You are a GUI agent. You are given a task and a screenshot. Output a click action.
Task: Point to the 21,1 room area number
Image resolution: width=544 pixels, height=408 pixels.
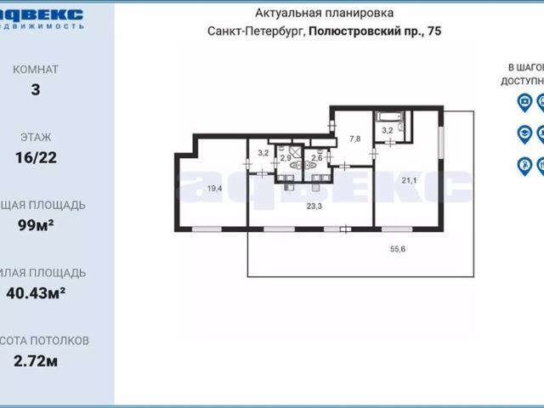[x=409, y=180]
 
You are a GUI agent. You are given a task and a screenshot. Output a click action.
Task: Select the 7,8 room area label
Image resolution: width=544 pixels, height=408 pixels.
[x=355, y=139]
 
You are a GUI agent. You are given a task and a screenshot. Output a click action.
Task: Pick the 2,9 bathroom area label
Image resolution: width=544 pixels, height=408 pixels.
[x=286, y=158]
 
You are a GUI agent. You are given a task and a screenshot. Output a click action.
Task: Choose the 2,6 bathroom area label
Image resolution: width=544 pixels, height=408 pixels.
[x=317, y=158]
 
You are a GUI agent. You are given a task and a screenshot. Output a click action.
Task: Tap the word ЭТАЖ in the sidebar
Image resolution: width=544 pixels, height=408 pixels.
[x=35, y=136]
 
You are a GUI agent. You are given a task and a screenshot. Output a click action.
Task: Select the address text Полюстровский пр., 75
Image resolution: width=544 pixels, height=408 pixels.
[x=375, y=31]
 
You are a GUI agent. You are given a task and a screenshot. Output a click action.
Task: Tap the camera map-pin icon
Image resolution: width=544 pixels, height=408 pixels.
[x=524, y=103]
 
